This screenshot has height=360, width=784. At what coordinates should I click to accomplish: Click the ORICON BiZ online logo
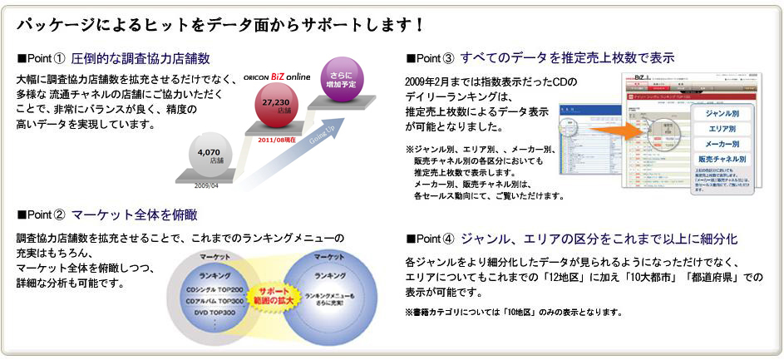coord(277,76)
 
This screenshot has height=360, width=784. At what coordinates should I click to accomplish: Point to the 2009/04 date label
coord(207,186)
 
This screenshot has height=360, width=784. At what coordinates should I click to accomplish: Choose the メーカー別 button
coord(722,143)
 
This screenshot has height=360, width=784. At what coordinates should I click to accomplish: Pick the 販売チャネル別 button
coord(722,159)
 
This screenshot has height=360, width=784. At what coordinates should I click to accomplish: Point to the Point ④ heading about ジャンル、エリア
coord(598,240)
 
